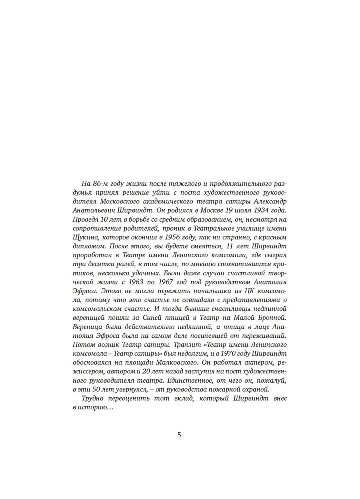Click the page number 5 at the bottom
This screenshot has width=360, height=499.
coord(179,435)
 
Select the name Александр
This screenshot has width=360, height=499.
coord(271,200)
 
